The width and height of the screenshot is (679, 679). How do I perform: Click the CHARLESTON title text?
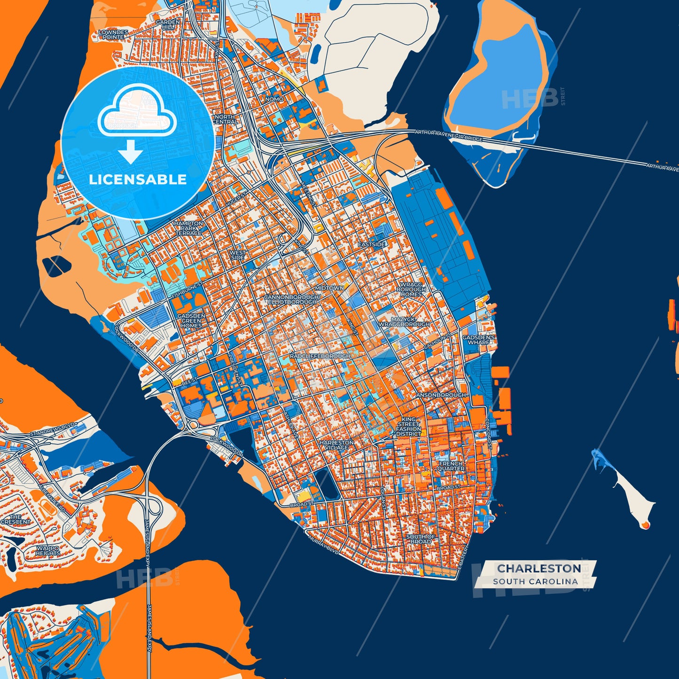click(539, 568)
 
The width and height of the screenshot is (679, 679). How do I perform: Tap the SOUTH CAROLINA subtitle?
click(535, 581)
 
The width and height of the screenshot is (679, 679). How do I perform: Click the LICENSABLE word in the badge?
click(138, 180)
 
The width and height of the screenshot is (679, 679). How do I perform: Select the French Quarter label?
click(451, 466)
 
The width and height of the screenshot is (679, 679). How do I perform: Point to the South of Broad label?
click(421, 539)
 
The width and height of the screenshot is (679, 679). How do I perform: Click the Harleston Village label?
click(336, 445)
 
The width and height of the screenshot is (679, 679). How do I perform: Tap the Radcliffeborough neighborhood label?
click(320, 356)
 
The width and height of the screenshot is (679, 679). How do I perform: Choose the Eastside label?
click(372, 244)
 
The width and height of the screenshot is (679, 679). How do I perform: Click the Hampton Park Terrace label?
click(189, 228)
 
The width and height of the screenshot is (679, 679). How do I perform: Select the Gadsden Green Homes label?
click(192, 320)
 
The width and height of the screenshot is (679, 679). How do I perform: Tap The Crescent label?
click(16, 519)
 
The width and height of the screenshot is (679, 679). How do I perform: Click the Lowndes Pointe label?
click(113, 34)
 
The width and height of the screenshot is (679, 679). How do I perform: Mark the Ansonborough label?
click(441, 395)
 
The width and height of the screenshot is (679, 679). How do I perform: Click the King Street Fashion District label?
click(408, 427)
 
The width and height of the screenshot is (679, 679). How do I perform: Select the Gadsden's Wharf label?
click(478, 340)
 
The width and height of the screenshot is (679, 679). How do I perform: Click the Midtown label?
click(329, 288)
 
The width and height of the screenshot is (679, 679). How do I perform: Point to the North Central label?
click(225, 119)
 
